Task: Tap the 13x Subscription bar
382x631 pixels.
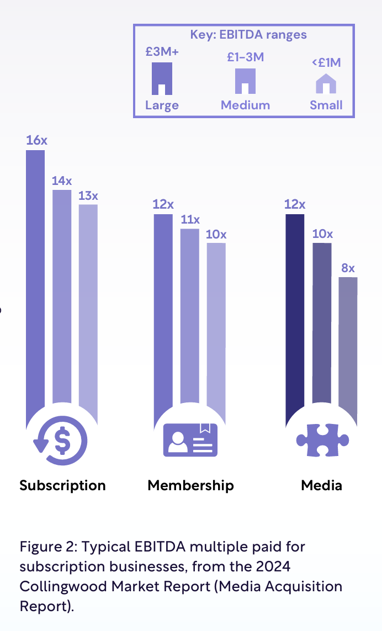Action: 88,309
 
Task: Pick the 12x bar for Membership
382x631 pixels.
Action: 163,315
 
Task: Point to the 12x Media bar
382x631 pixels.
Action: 295,315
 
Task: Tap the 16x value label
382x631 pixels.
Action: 36,140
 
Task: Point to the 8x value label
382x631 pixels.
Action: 348,269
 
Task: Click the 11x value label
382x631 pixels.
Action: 190,220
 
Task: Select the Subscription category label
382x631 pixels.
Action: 62,485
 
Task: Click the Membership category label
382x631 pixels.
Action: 190,485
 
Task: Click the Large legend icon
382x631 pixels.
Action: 162,78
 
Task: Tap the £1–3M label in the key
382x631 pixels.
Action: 245,57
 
